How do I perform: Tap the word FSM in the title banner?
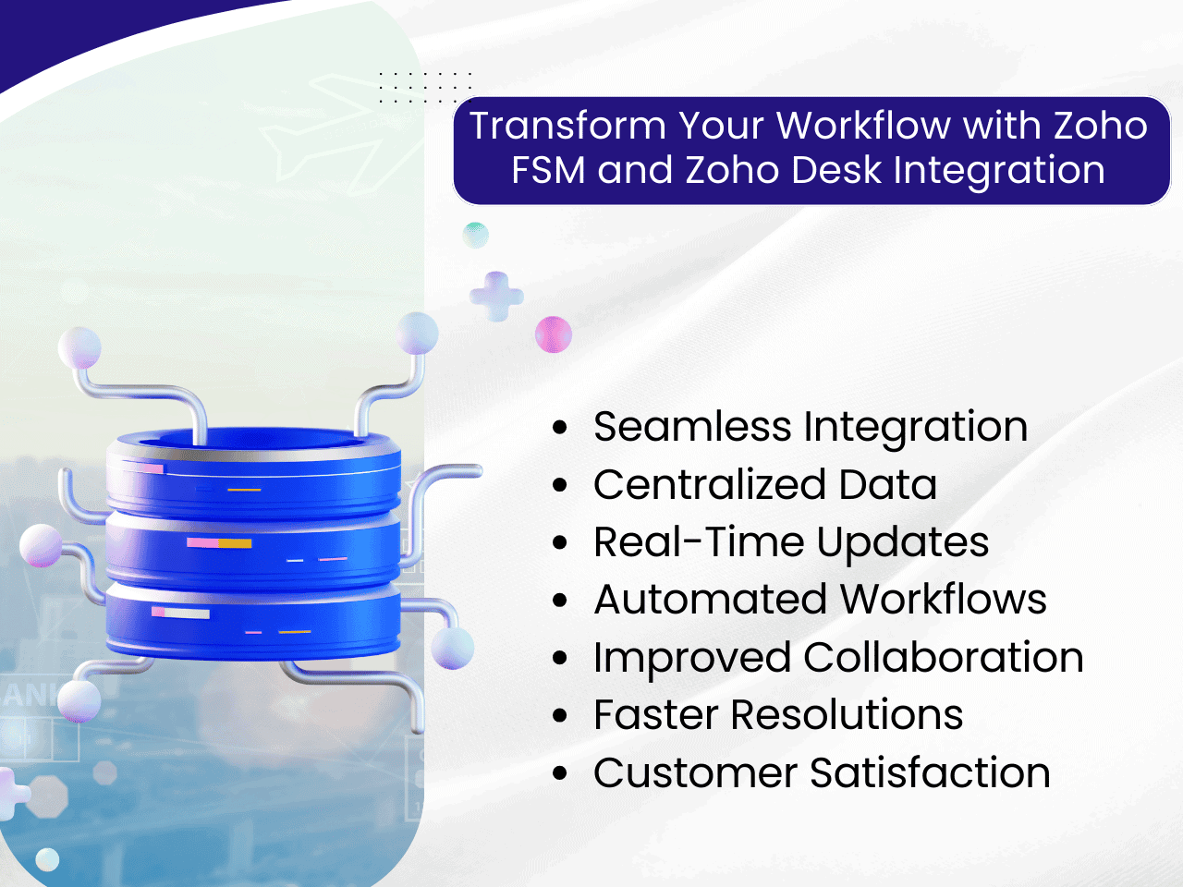click(x=548, y=170)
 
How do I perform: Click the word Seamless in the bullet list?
click(x=692, y=427)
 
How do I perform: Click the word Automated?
click(x=711, y=600)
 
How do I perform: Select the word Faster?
click(x=656, y=714)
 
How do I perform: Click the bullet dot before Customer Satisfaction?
click(x=560, y=774)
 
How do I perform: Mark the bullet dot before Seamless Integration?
click(x=560, y=428)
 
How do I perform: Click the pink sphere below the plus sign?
click(x=553, y=334)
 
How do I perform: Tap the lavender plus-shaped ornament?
click(x=496, y=297)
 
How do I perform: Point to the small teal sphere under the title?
click(x=475, y=236)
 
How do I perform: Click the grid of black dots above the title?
click(x=425, y=87)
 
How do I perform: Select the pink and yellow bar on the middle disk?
click(x=219, y=543)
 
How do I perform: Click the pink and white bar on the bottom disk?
click(x=180, y=613)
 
